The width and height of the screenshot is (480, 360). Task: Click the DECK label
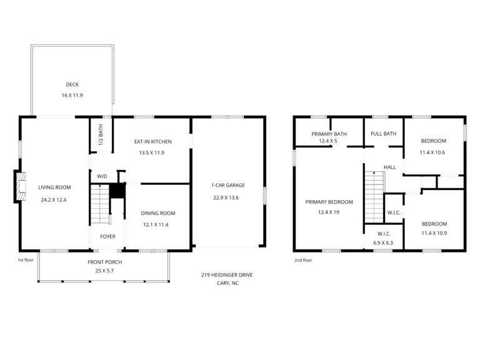[x=72, y=84]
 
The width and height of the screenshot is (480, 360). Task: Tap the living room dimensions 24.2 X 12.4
[x=54, y=200]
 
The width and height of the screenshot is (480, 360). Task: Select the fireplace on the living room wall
[x=19, y=186]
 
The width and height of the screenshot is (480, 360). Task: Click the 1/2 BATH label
[x=101, y=135]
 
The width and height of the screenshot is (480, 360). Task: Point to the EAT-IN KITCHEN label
[x=152, y=142]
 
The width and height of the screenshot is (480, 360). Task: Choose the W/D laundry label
[x=102, y=176]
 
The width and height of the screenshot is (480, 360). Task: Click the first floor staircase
[x=100, y=204]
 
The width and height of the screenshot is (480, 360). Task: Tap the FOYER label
[x=107, y=237]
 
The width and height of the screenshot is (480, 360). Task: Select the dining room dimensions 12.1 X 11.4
[x=156, y=225]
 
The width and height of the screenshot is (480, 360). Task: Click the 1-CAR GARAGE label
[x=228, y=185]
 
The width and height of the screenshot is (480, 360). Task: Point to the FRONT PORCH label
[x=105, y=262]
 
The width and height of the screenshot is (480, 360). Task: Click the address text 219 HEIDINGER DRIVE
[x=227, y=275]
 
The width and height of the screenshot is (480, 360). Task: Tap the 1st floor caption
[x=26, y=260]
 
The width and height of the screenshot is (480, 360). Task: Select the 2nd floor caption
[x=303, y=260]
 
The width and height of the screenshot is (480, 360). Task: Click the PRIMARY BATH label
[x=329, y=134]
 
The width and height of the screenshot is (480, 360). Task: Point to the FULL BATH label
[x=383, y=134]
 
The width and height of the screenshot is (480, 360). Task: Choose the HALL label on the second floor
[x=390, y=167]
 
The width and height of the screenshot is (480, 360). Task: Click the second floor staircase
[x=374, y=197]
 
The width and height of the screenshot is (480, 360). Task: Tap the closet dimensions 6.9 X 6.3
[x=383, y=243]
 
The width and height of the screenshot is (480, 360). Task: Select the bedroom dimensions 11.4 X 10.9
[x=434, y=233]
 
